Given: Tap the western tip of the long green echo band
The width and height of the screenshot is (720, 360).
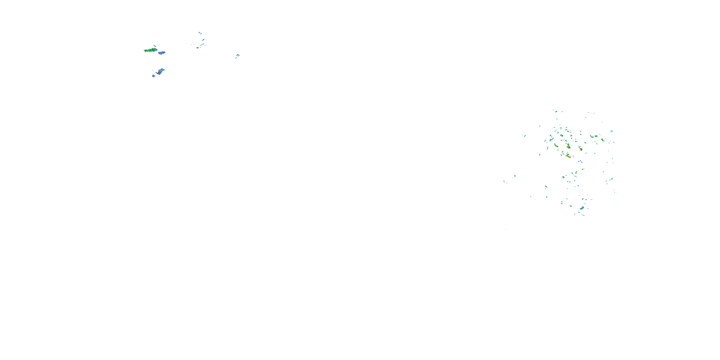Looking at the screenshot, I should click(x=144, y=51).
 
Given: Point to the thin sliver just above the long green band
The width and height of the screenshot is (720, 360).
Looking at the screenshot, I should click(x=155, y=46).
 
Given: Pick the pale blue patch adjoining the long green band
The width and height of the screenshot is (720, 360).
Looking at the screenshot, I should click(x=162, y=53).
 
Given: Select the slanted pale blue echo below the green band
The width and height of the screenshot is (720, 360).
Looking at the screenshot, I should click(x=160, y=71).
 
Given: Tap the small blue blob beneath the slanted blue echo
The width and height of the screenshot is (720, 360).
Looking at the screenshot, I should click(x=153, y=76).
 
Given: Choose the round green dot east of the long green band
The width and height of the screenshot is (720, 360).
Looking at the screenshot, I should click(x=197, y=48).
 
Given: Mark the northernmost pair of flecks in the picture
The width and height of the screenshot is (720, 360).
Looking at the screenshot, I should click(x=200, y=33).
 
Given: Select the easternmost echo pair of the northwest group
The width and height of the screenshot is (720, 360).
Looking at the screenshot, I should click(x=238, y=56).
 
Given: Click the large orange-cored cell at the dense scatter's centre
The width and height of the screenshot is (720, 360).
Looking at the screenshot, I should click(x=568, y=146).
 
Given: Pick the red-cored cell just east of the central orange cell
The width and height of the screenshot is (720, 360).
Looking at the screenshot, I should click(x=581, y=149).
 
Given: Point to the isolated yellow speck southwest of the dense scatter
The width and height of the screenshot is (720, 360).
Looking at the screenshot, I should click(x=540, y=154).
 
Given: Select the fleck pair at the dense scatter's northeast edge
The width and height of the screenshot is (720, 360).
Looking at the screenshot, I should click(x=612, y=131).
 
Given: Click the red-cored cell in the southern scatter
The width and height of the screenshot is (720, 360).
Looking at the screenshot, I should click(x=564, y=177).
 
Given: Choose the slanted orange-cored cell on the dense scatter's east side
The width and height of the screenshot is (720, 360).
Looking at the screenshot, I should click(x=602, y=140).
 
